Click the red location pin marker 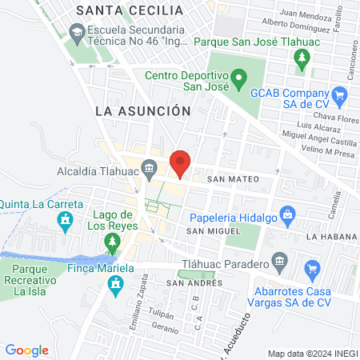[x=181, y=163]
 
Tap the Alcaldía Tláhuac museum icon [x=149, y=167]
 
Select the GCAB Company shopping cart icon [x=340, y=94]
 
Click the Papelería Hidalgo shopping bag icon [x=289, y=213]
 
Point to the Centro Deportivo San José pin [x=238, y=80]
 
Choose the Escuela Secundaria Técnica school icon [x=77, y=34]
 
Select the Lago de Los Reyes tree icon [x=113, y=241]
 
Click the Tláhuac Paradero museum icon [x=279, y=261]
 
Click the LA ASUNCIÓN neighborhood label [x=142, y=110]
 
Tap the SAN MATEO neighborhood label [x=230, y=181]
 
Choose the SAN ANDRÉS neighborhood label [x=194, y=283]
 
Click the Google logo [x=26, y=350]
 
